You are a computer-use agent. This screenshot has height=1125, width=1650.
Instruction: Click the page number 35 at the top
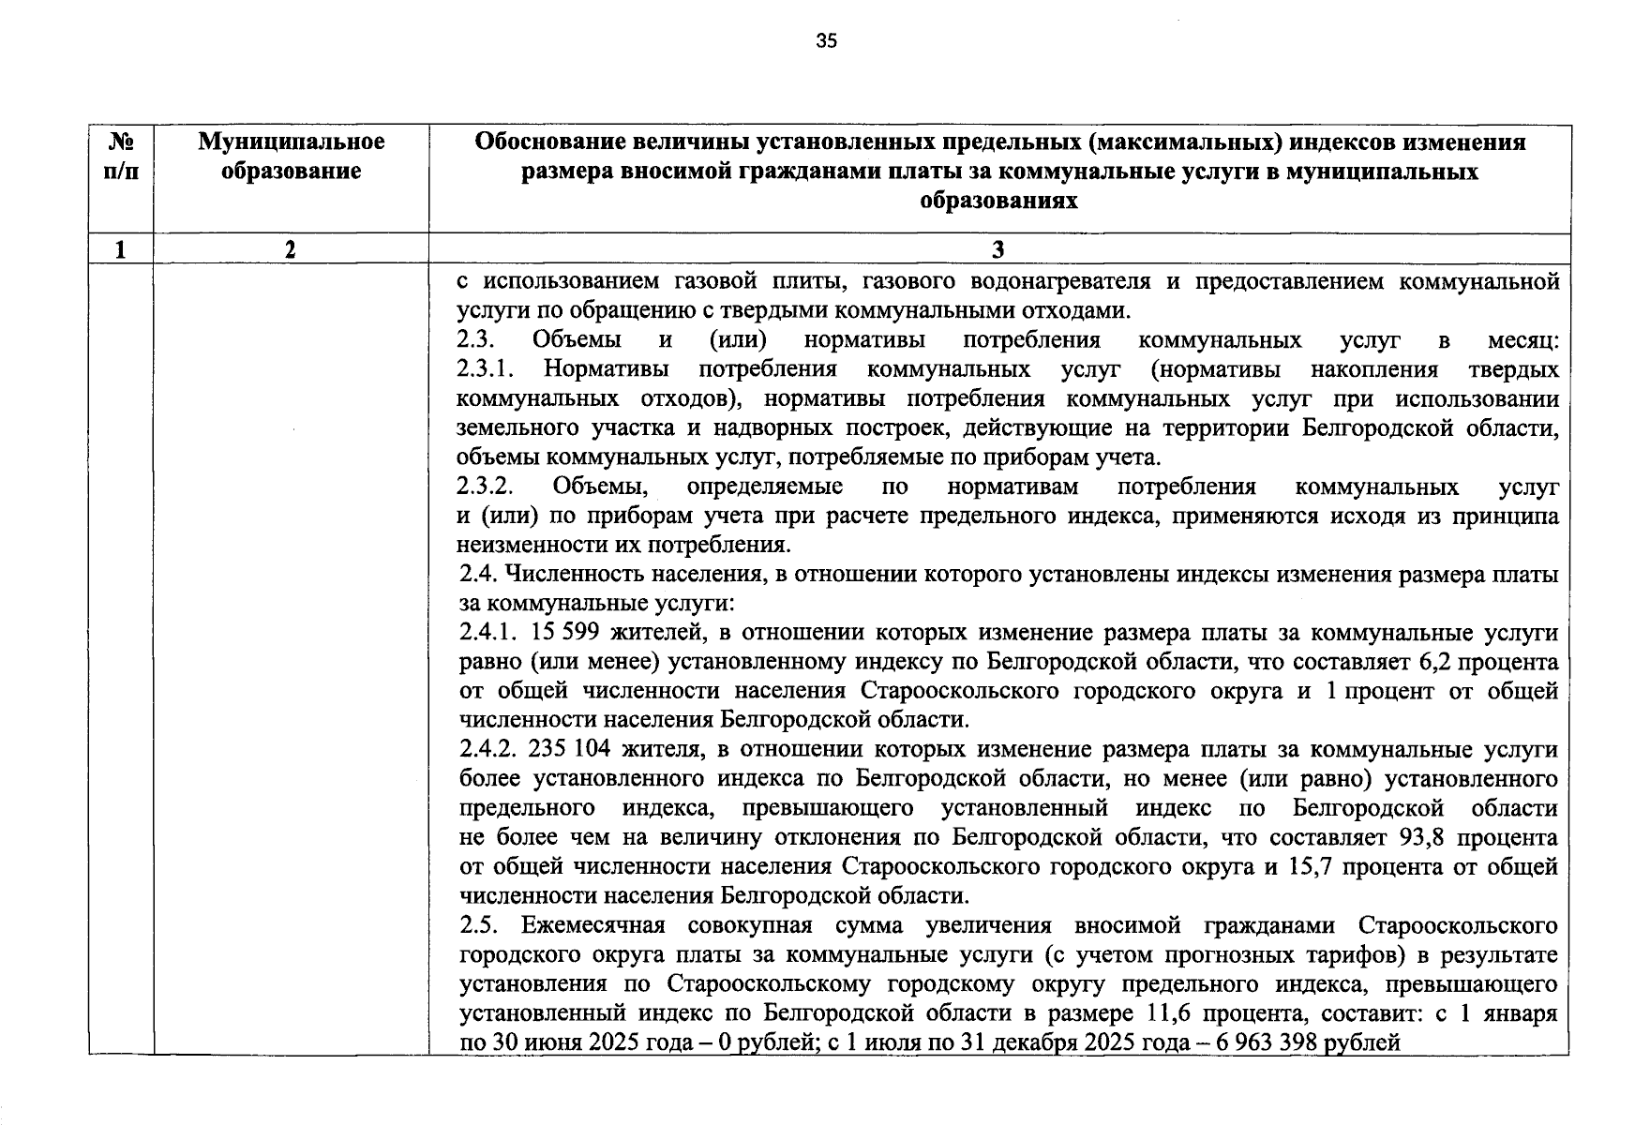pos(826,41)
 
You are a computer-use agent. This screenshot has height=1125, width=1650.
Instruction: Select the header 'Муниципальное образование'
pos(291,157)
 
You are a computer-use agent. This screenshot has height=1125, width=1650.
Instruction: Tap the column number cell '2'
pos(291,249)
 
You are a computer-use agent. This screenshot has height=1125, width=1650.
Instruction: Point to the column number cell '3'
pos(998,249)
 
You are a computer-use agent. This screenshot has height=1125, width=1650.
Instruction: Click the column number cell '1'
pos(120,249)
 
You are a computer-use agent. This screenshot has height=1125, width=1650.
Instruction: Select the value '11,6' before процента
pos(1169,1013)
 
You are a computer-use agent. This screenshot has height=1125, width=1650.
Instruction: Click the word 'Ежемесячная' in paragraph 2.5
pos(592,926)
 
